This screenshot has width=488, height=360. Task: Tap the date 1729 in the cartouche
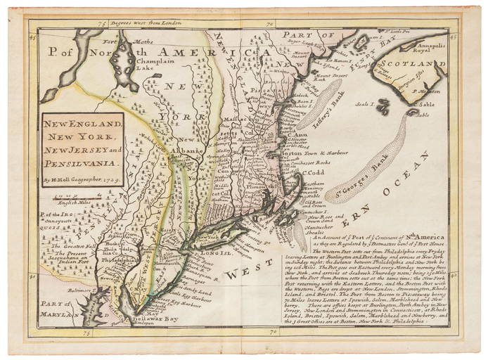(114, 179)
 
